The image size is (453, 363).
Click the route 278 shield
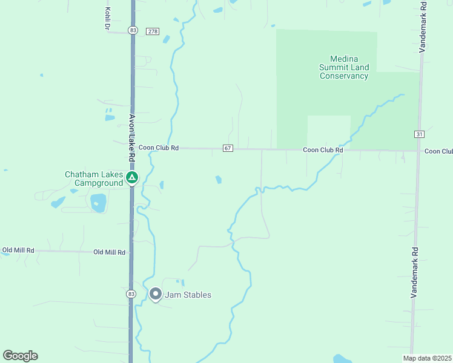153,31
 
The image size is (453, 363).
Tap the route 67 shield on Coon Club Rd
228,148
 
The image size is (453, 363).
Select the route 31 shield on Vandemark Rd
419,134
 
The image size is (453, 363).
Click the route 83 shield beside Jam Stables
131,294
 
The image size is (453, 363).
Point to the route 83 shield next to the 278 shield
133,30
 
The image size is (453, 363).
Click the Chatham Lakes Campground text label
94,178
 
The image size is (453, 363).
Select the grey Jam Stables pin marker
155,295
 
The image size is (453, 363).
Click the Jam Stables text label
188,295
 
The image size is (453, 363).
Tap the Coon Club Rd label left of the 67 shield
159,148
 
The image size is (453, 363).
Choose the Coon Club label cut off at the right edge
438,151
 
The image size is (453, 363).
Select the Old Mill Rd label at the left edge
18,250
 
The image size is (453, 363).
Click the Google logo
20,356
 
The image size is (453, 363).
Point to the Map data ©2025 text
426,358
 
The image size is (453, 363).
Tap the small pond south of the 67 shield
218,179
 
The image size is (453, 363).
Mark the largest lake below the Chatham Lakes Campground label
98,201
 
